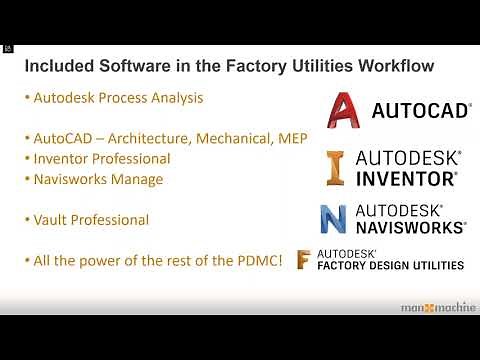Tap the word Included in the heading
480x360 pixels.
click(57, 67)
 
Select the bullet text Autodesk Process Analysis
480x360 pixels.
click(118, 99)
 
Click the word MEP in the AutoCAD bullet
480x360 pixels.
click(290, 138)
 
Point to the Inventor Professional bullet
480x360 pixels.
click(102, 159)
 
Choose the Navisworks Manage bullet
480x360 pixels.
click(98, 180)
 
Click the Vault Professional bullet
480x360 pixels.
click(91, 220)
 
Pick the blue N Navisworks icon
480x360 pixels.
click(333, 218)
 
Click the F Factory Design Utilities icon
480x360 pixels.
click(304, 259)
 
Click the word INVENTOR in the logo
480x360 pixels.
click(406, 178)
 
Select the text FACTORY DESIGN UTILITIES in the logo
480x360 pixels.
click(390, 266)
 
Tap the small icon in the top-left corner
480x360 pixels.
click(7, 47)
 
